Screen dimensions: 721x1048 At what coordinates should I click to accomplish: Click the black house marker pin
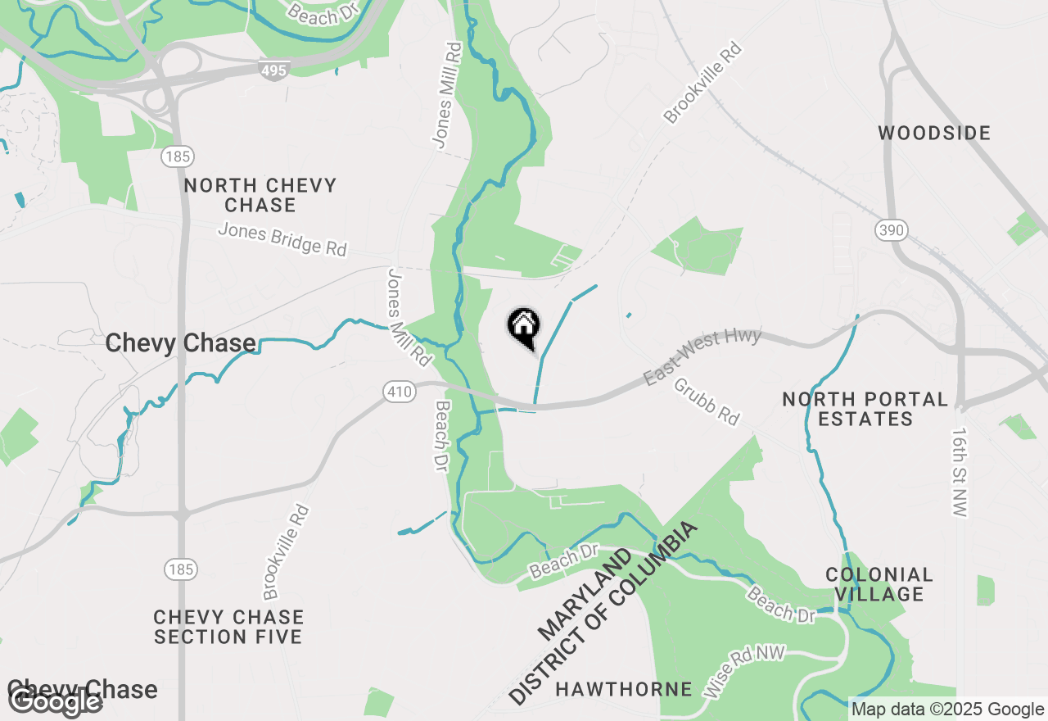point(523,327)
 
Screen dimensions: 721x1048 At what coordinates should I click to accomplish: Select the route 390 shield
point(890,230)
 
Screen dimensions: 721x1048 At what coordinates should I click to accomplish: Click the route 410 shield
point(400,392)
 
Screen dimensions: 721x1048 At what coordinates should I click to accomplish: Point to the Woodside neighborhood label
point(934,133)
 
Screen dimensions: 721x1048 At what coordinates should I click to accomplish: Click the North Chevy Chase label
point(260,195)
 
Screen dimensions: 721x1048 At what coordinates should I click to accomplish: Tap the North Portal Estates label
point(865,409)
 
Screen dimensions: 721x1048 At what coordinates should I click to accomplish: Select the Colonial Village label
point(879,584)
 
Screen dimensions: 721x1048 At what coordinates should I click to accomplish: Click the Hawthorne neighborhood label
point(623,689)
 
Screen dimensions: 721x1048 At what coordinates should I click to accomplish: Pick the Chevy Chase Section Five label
point(228,627)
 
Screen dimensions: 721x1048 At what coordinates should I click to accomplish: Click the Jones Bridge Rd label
point(282,239)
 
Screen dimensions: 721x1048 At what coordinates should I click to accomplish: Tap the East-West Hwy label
point(702,357)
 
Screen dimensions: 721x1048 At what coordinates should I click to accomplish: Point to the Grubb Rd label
point(707,401)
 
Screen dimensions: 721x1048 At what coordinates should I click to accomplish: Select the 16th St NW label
point(960,472)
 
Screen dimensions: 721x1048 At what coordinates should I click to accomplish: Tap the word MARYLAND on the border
point(585,595)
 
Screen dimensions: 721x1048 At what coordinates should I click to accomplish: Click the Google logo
point(55,701)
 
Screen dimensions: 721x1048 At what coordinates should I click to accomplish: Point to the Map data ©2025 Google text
point(947,710)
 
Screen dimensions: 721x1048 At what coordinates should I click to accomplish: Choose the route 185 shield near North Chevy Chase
point(177,156)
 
